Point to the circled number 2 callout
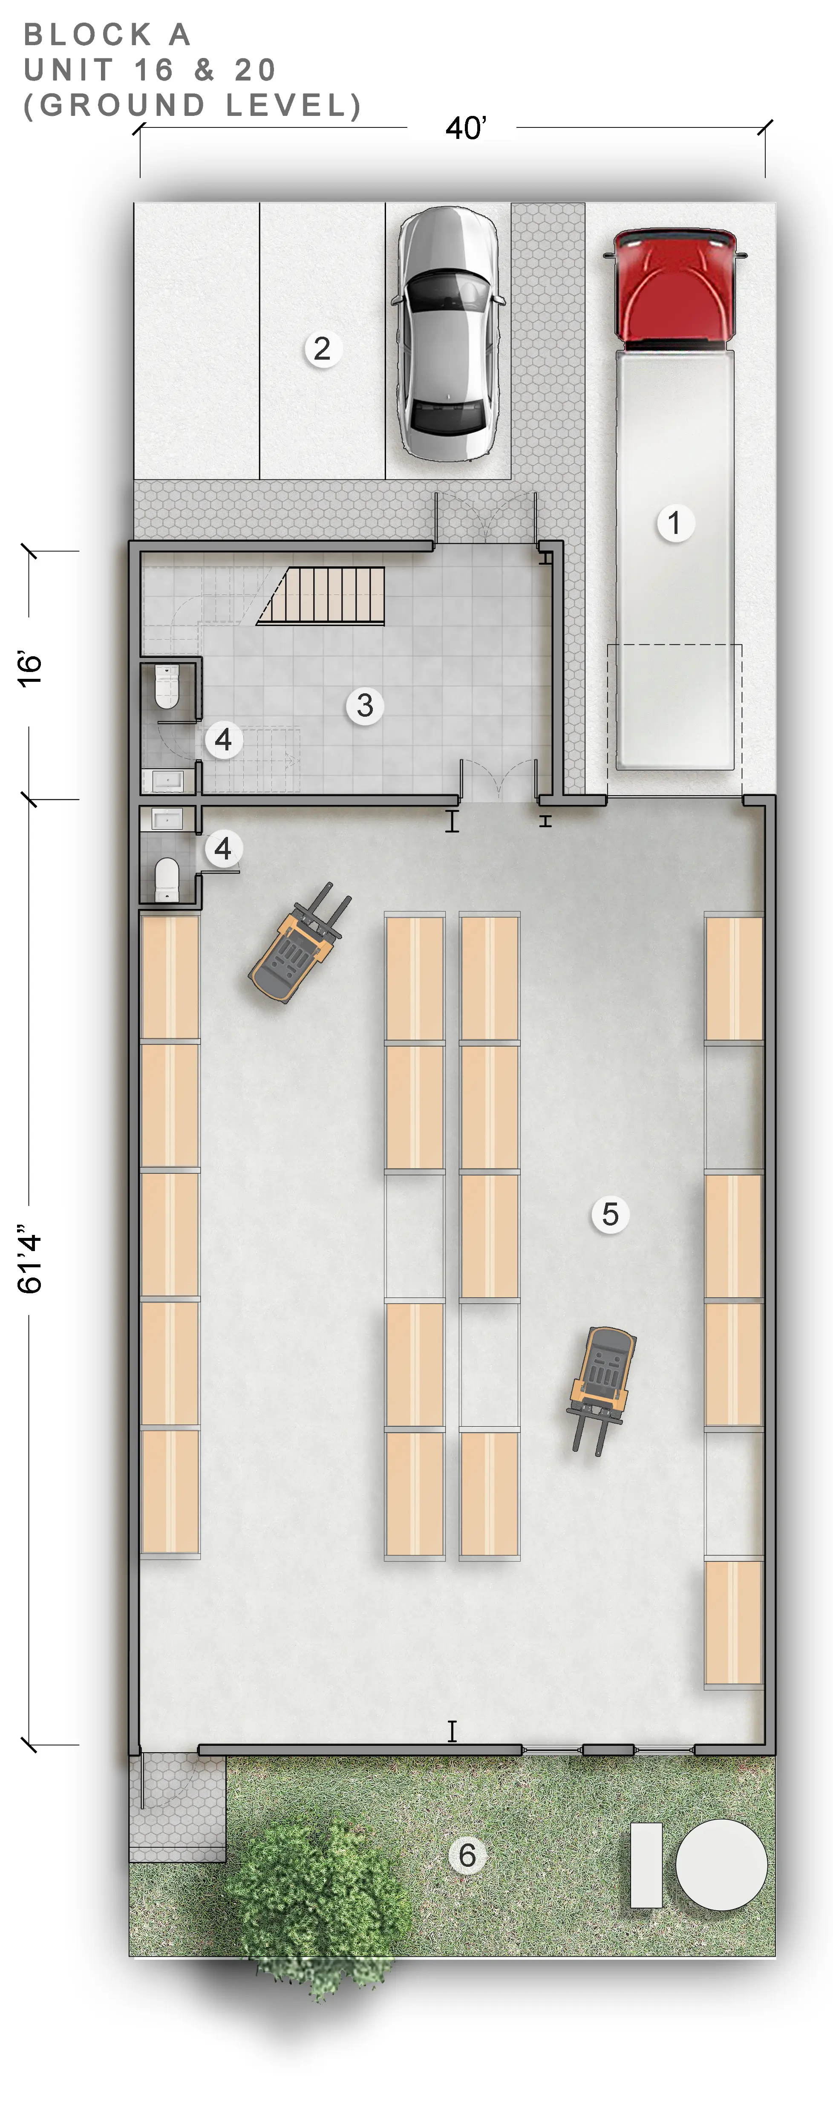tap(323, 349)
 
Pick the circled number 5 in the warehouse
tap(610, 1214)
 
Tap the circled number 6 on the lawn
tap(467, 1854)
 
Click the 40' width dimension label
tap(465, 128)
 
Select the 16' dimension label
tap(29, 669)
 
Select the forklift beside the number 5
tap(602, 1389)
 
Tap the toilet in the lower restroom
tap(167, 879)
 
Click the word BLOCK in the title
tap(88, 35)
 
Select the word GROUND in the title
tap(122, 106)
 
